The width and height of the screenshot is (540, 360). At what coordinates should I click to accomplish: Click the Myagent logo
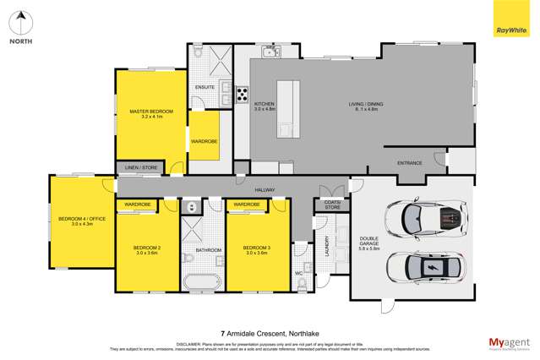pos(509,343)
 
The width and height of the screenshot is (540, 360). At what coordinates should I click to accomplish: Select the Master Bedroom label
pos(151,112)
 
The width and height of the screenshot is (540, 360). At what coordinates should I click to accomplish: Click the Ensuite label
pos(205,87)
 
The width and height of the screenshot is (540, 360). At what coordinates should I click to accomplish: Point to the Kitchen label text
pos(265,105)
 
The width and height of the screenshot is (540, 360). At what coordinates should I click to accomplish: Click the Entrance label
pos(409,162)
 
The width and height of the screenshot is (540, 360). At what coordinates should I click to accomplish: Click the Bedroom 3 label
pos(256,248)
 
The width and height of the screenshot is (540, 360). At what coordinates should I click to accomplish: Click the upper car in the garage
pos(427,220)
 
